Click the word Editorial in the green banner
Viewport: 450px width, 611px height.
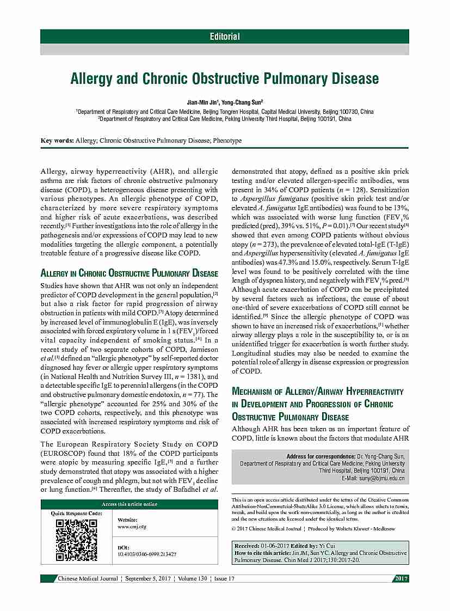click(x=225, y=36)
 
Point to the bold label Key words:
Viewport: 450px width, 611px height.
click(x=58, y=140)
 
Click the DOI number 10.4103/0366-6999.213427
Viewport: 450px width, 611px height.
click(x=147, y=554)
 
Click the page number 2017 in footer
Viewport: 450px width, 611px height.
click(x=402, y=578)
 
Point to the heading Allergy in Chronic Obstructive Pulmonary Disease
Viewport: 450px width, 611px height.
click(x=130, y=273)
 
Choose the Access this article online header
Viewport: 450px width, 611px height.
click(x=129, y=504)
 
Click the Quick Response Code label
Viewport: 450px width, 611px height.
click(x=76, y=513)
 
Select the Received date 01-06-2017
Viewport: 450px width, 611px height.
click(x=276, y=546)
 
